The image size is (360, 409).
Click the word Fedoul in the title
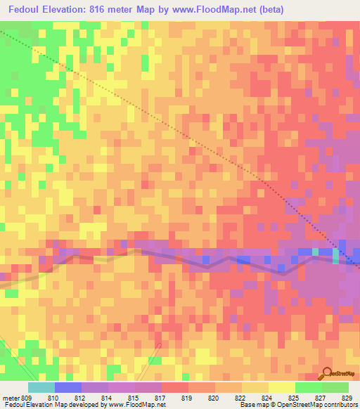(x=26, y=9)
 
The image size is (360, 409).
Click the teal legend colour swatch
(x=41, y=387)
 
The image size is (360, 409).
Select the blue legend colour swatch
(x=67, y=387)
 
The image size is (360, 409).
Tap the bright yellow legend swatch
(x=281, y=387)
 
